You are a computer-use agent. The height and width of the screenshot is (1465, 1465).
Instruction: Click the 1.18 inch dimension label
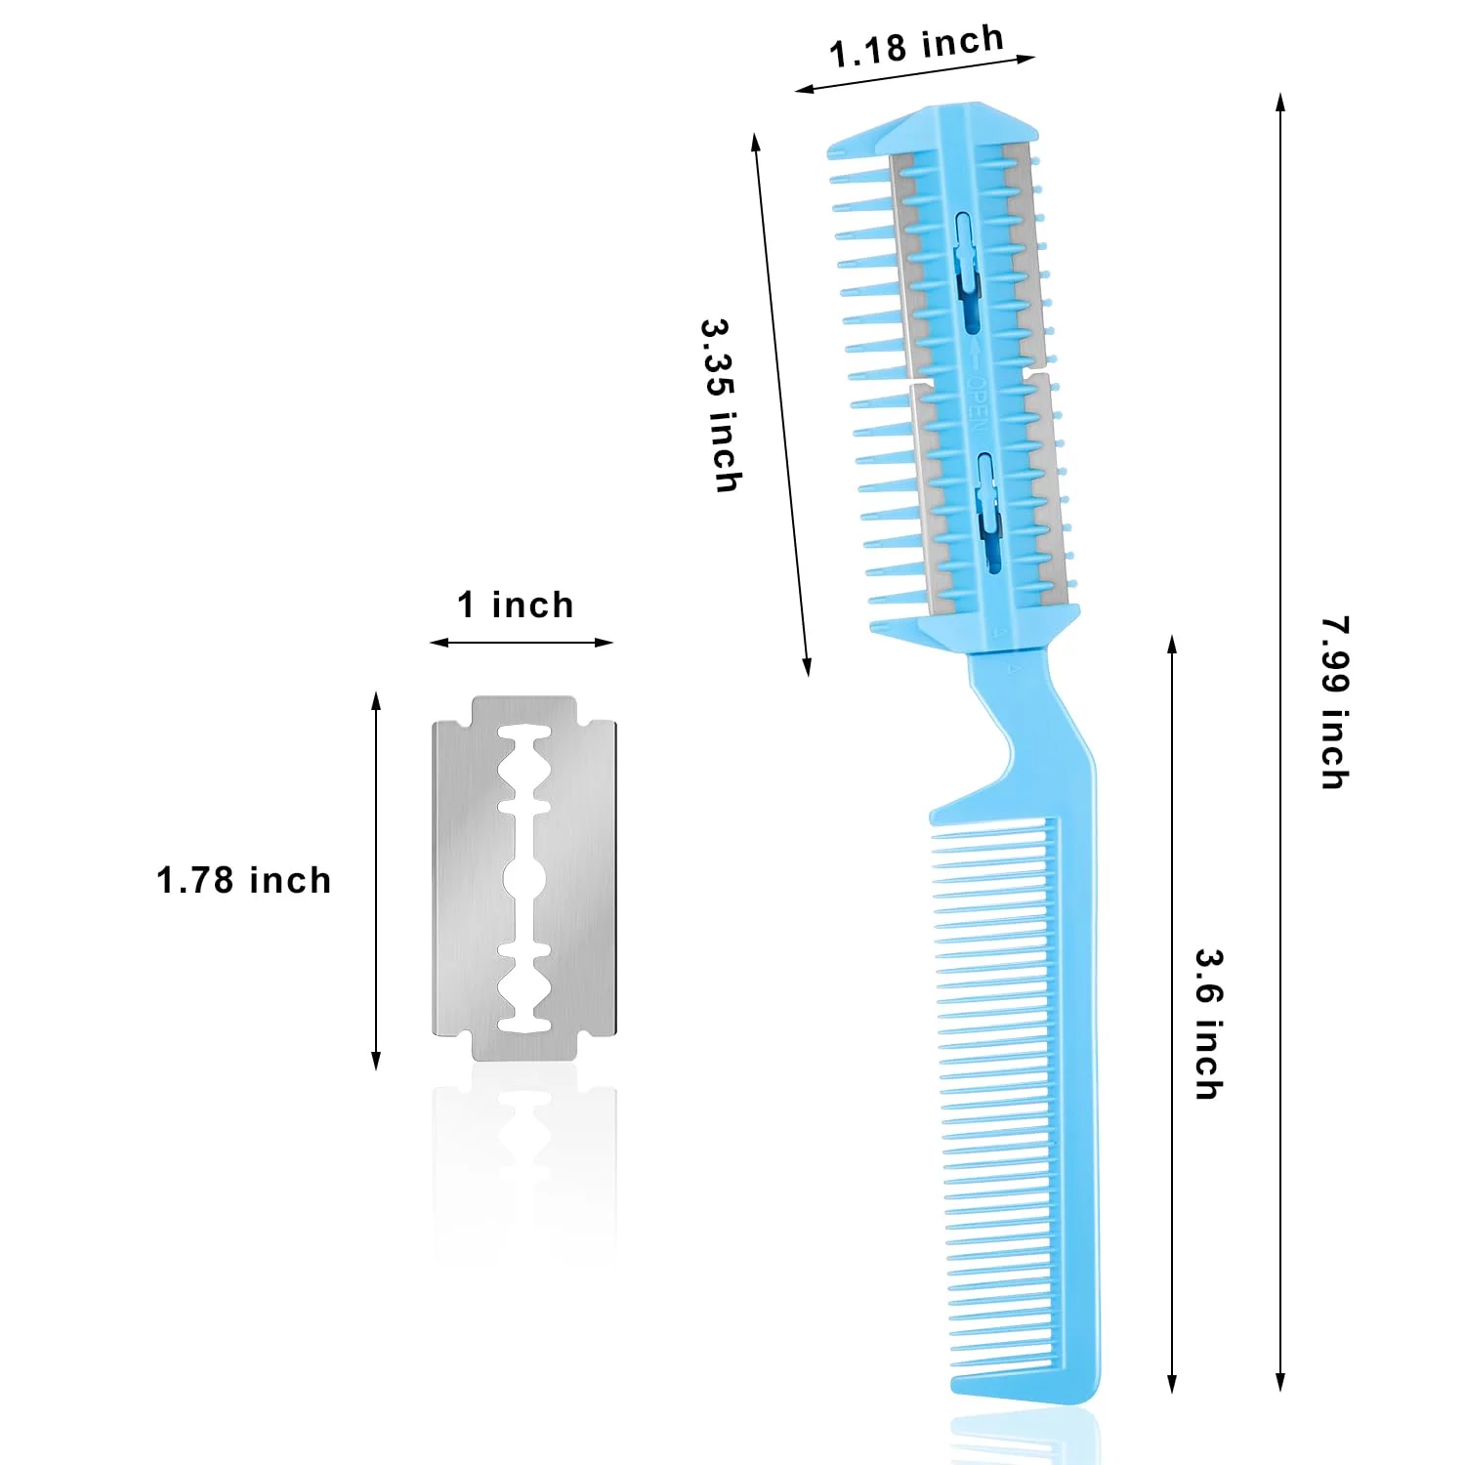click(917, 46)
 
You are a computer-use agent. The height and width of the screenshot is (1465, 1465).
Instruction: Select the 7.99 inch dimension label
click(1335, 702)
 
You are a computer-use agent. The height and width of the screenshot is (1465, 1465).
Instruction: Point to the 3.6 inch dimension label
click(1209, 1025)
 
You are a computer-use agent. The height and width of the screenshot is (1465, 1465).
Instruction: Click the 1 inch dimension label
click(516, 605)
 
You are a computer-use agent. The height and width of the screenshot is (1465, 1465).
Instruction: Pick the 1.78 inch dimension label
click(244, 880)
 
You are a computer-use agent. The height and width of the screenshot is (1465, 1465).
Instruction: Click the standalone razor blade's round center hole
click(523, 878)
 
